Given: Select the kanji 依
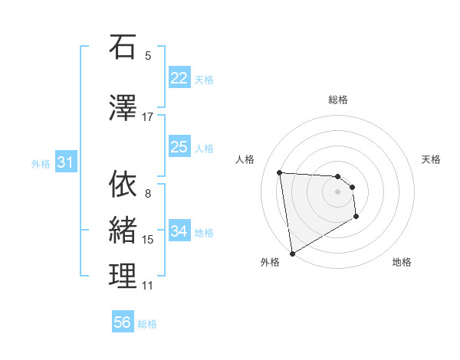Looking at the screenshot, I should tap(123, 185).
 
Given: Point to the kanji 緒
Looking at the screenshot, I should tap(123, 230).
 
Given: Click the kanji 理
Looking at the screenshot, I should tap(123, 276).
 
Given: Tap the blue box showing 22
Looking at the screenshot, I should tap(179, 78).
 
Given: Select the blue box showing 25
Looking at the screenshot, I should tap(179, 147).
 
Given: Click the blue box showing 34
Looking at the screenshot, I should tap(179, 231).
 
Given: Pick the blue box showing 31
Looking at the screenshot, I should tap(65, 162).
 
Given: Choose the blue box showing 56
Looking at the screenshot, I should tap(123, 322).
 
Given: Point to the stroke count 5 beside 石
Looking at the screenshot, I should tap(148, 56).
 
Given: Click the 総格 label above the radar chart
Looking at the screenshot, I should tap(338, 100).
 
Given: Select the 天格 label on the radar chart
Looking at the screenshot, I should tap(432, 159).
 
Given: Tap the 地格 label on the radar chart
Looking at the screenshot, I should tap(402, 262).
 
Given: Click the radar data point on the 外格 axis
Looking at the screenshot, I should tap(291, 253).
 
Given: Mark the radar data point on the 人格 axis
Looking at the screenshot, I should tap(280, 172).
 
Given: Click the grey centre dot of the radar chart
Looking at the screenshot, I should tap(338, 191).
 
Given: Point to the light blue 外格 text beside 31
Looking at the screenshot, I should tap(41, 163).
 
